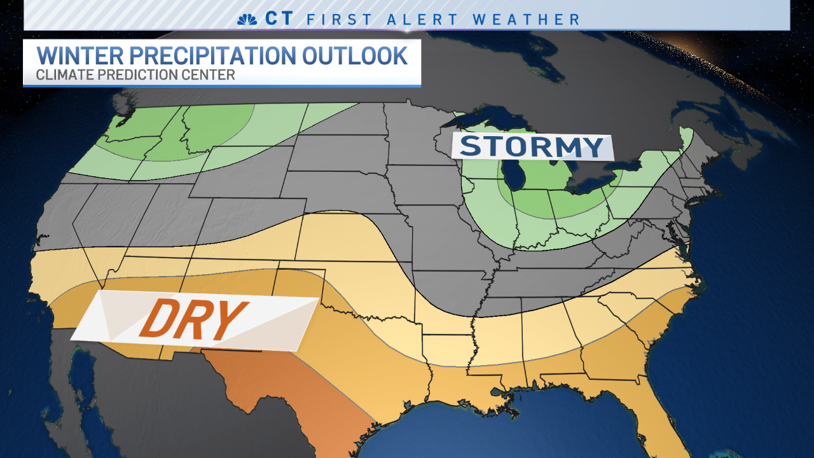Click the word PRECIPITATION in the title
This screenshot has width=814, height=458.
212,56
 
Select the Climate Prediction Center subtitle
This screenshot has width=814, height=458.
135,75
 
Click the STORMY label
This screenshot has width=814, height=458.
532,147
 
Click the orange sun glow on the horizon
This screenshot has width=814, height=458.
693,45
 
